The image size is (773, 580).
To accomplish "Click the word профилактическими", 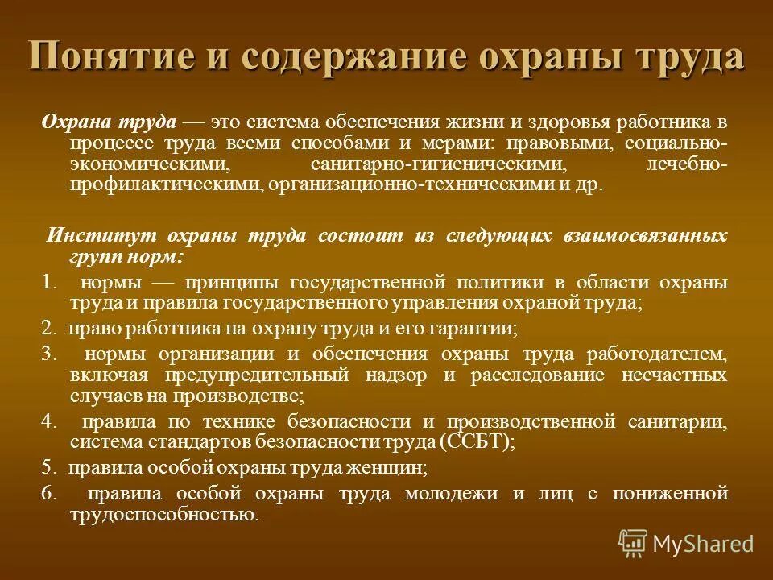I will coord(162,184).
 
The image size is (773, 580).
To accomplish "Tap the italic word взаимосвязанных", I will coord(657,236).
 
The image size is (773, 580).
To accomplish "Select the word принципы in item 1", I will coord(233,283).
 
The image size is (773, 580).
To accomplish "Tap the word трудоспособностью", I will coord(163,514).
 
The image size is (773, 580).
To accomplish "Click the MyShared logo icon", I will coord(633,543).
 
